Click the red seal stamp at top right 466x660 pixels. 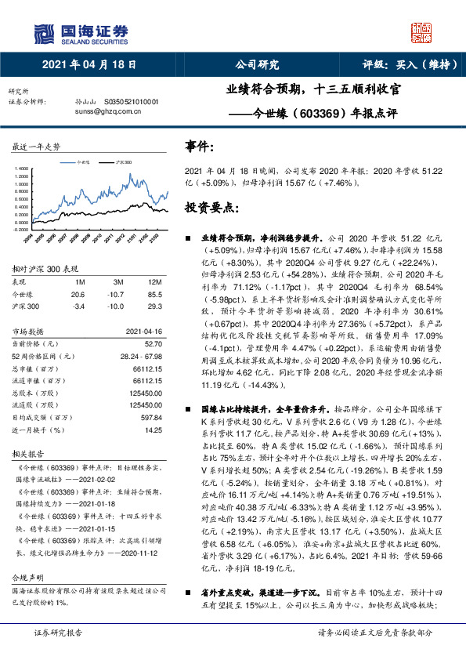point(422,32)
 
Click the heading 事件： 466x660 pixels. point(198,146)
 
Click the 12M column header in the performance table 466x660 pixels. point(154,280)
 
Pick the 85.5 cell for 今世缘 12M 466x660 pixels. point(154,293)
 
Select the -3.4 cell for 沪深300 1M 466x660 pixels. point(78,306)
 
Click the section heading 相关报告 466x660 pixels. point(26,454)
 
